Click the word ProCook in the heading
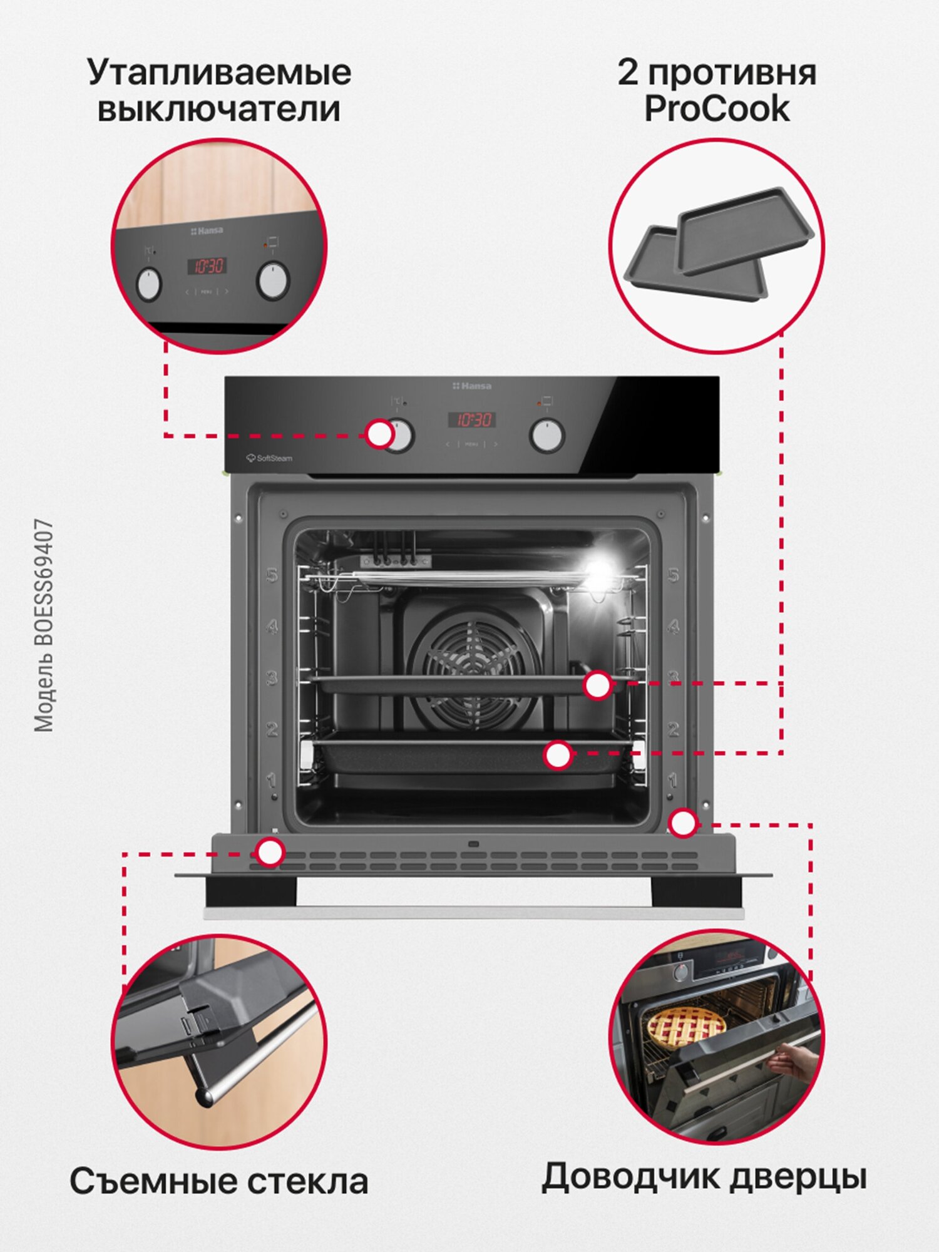tap(717, 110)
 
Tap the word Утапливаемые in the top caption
tap(219, 73)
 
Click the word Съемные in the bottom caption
tap(153, 1182)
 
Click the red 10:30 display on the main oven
tap(473, 419)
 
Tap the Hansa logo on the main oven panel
tap(473, 386)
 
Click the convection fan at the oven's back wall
tap(473, 670)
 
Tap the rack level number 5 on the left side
tap(272, 575)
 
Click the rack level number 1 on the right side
tap(672, 780)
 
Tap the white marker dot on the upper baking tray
tap(597, 685)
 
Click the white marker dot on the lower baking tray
tap(557, 756)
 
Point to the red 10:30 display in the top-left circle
tap(207, 265)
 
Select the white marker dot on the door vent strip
tap(270, 853)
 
